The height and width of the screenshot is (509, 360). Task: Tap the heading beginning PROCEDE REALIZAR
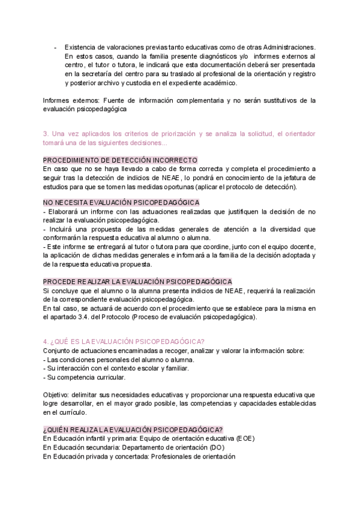coord(137,282)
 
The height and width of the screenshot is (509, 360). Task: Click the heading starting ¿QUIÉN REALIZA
coord(133,429)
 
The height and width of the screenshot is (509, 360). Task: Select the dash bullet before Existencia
coord(55,47)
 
